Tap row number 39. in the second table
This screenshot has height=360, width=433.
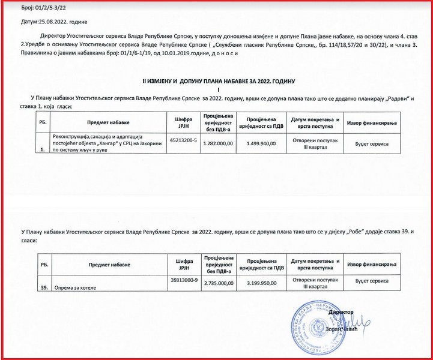pos(44,288)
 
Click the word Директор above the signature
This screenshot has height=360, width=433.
pos(342,312)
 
